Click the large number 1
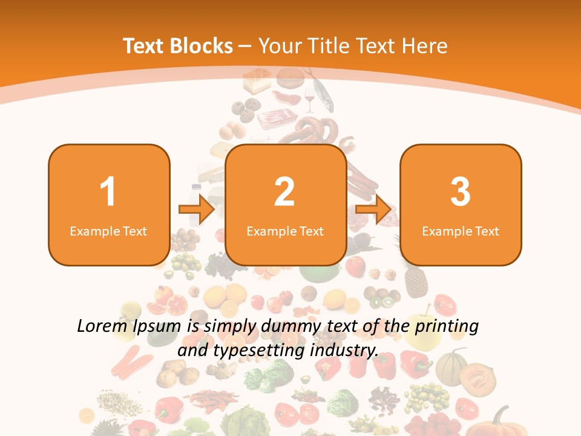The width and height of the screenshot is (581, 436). coord(108,192)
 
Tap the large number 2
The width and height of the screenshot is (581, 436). coord(284,192)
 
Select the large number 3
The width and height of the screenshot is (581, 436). coord(461,192)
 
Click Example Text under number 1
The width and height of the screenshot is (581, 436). coord(108,231)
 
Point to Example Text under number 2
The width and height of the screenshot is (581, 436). coord(285,231)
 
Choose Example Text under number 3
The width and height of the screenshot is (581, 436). coord(461,231)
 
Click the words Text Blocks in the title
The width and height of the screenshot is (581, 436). coord(178,46)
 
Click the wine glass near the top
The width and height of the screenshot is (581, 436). coord(310,99)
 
